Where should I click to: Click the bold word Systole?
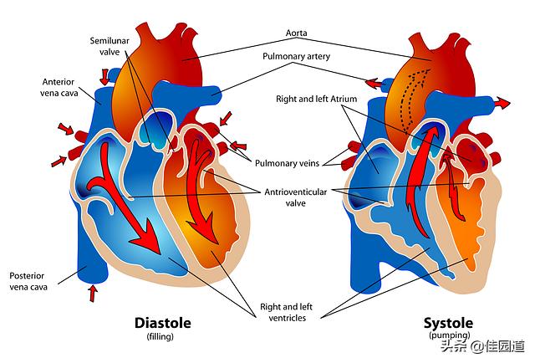coord(448,323)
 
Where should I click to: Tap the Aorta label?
coord(296,33)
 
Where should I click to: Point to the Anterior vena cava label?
coord(62,86)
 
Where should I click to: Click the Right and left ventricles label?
coord(281,312)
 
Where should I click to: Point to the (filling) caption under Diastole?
coord(163,336)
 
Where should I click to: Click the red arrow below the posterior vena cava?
coord(93,293)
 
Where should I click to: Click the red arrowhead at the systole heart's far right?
coord(502,102)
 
